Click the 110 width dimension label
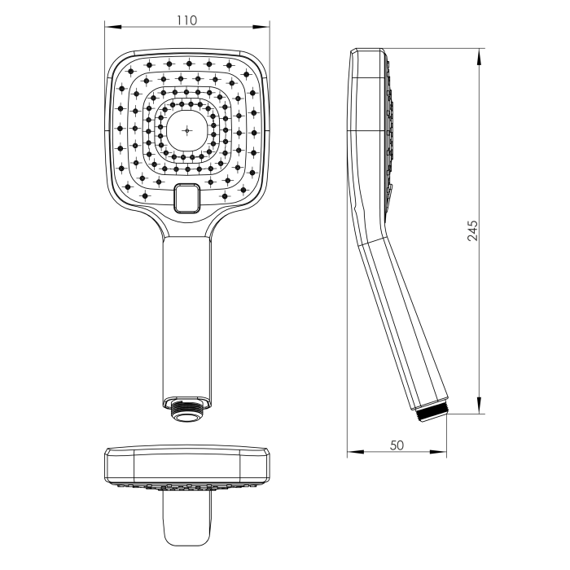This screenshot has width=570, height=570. (186, 20)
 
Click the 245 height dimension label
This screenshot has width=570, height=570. (472, 230)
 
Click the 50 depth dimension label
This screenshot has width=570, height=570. (397, 445)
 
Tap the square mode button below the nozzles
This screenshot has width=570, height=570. (186, 198)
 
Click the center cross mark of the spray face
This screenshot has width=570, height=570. (187, 130)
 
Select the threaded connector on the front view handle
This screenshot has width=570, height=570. (186, 410)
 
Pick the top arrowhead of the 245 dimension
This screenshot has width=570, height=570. (479, 57)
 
